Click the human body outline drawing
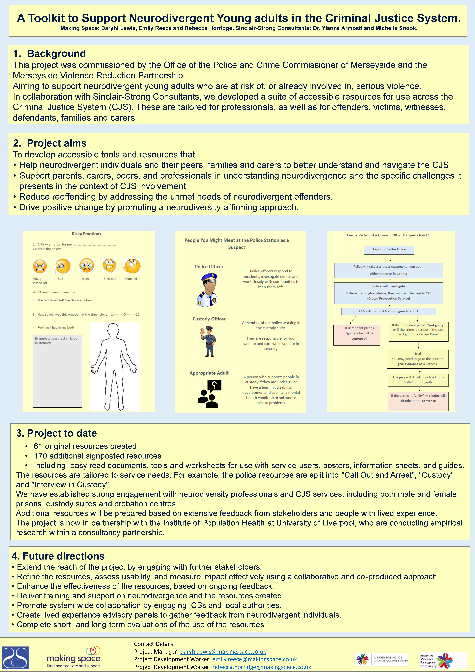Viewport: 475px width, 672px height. point(114,366)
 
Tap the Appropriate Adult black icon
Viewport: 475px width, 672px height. point(210,394)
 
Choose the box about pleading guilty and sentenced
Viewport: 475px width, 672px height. point(357,335)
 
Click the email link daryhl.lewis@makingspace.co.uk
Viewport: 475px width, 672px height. point(223,652)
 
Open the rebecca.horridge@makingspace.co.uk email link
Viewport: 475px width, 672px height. point(261,667)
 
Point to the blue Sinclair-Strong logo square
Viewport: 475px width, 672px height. point(16,658)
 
